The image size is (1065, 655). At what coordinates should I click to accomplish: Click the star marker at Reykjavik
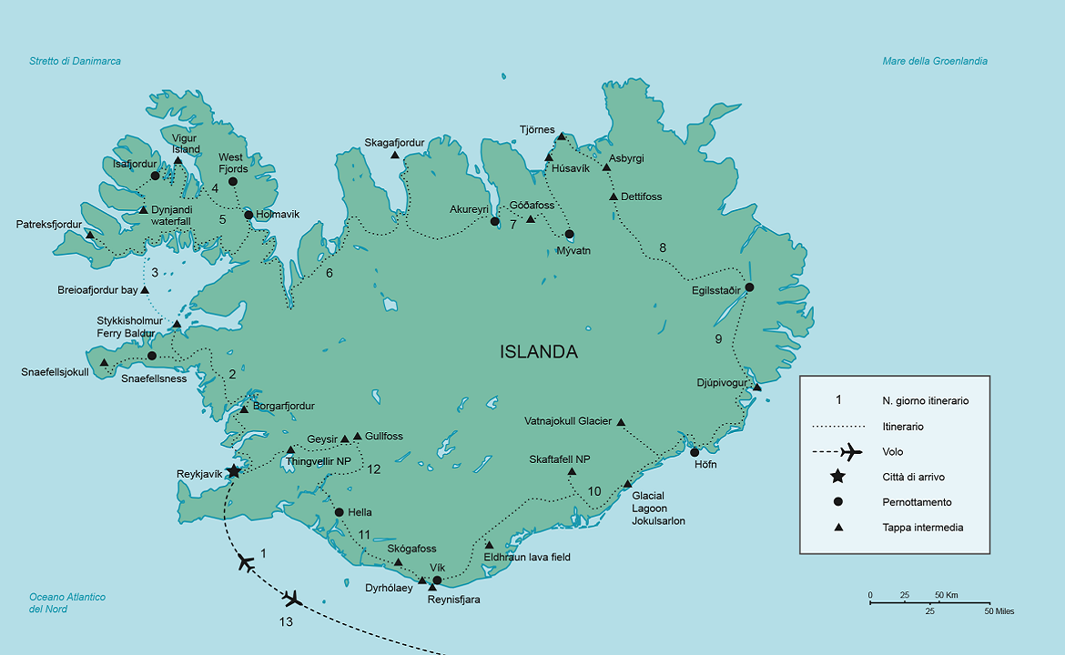[x=233, y=471]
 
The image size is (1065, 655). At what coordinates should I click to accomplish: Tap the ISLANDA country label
[x=538, y=352]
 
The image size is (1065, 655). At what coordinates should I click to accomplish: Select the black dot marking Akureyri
[x=495, y=221]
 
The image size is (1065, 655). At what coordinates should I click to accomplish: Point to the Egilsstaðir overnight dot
[x=749, y=287]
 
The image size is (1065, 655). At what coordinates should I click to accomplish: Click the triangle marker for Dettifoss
[x=614, y=196]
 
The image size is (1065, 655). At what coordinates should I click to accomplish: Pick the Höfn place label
[x=705, y=465]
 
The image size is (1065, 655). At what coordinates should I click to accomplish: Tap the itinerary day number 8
[x=663, y=247]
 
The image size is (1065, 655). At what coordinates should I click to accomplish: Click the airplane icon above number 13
[x=291, y=599]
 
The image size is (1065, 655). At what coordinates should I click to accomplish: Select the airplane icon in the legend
[x=850, y=451]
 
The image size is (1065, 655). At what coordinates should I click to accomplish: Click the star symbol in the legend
[x=837, y=477]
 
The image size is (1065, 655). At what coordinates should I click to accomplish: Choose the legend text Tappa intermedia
[x=922, y=528]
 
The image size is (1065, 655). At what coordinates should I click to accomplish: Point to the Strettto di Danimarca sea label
[x=75, y=61]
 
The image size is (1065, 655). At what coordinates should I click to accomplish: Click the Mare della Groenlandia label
[x=935, y=61]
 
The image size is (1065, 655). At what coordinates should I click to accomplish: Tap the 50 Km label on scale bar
[x=948, y=595]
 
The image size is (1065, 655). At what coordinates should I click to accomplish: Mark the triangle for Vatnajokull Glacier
[x=621, y=422]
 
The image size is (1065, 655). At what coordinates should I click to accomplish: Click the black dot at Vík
[x=437, y=580]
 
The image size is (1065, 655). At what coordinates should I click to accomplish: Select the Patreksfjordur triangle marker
[x=89, y=235]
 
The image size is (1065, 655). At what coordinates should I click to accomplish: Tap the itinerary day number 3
[x=155, y=273]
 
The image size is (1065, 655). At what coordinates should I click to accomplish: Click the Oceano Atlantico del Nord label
[x=67, y=603]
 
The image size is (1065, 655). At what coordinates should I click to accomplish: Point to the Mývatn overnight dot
[x=569, y=234]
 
